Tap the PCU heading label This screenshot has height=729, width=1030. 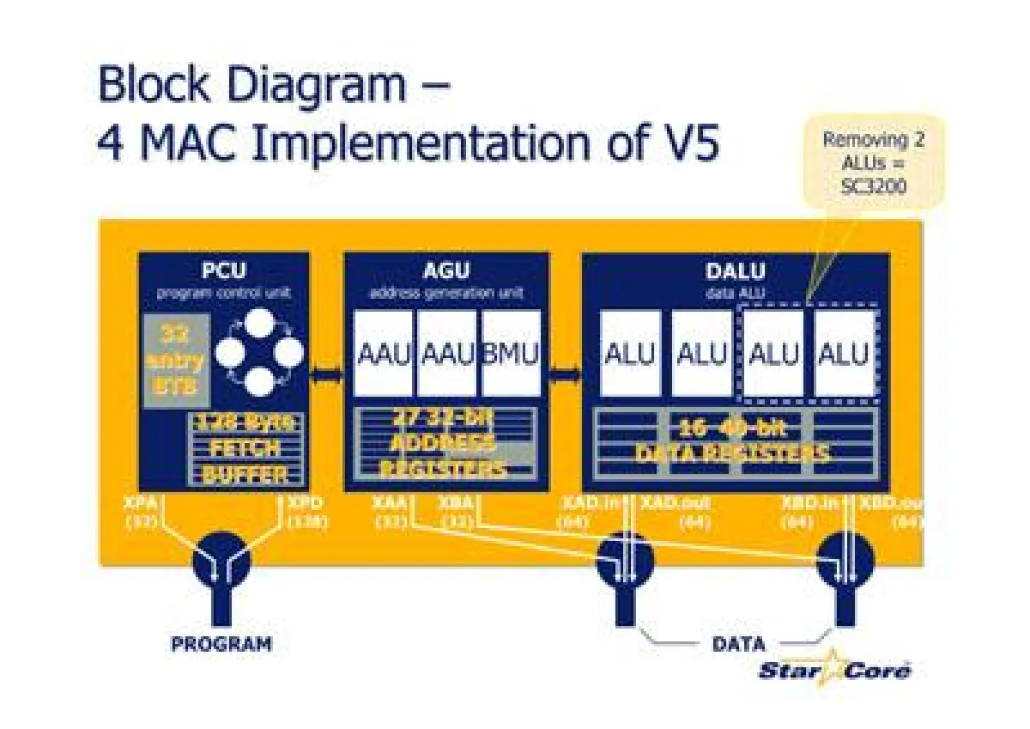[223, 270]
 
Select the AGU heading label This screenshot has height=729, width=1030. [446, 270]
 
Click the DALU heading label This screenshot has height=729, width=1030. [735, 270]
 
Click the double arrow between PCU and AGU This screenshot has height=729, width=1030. [326, 374]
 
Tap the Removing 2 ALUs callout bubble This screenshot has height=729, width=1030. [874, 163]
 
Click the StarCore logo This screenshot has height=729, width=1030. [834, 671]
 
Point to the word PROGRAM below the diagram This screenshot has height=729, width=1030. [221, 643]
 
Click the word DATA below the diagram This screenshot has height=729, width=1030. [738, 643]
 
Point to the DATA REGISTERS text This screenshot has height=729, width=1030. [732, 453]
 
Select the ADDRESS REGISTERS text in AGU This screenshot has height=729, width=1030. [445, 456]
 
